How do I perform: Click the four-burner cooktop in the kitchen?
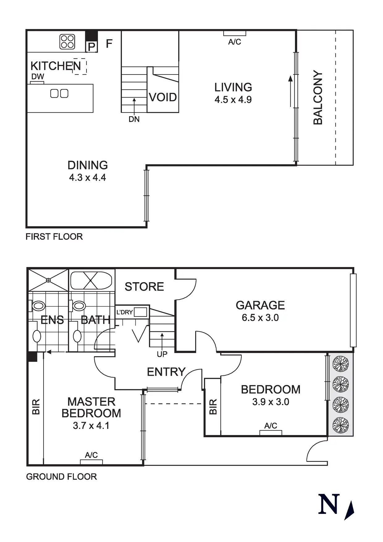click(x=67, y=42)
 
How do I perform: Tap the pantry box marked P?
click(x=91, y=47)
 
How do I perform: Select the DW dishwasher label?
click(x=38, y=77)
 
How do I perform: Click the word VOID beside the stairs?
click(x=163, y=97)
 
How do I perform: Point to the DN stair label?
click(x=134, y=119)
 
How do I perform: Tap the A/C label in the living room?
click(x=234, y=42)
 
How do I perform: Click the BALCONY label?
click(x=318, y=97)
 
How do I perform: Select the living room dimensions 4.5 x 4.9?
click(x=233, y=100)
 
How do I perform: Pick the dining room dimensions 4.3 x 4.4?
click(x=87, y=178)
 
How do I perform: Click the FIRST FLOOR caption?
click(x=54, y=237)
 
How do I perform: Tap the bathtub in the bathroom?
click(x=91, y=281)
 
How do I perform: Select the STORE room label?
click(x=144, y=287)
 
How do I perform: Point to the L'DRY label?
click(x=124, y=312)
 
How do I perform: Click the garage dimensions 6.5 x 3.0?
click(x=260, y=318)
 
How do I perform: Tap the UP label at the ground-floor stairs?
click(x=162, y=354)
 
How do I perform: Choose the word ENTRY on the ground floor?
click(x=166, y=372)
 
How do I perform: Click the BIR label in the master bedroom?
click(x=36, y=407)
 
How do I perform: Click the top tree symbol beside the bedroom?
click(x=340, y=364)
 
